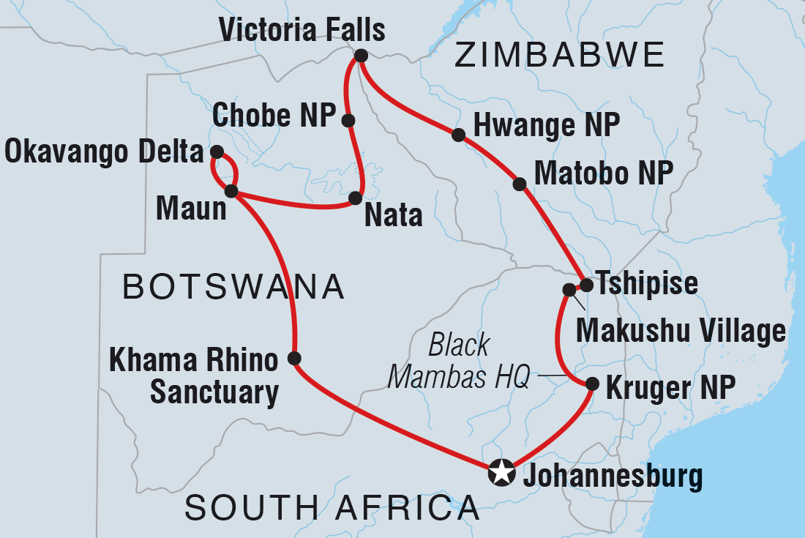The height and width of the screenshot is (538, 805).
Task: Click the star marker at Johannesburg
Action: [x=501, y=472]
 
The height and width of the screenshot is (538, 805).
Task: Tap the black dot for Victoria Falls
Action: [x=360, y=56]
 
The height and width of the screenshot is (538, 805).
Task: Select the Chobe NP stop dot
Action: [x=348, y=120]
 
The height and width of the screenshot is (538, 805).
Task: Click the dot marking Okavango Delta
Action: [x=217, y=152]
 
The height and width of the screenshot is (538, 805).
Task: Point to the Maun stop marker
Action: [x=231, y=191]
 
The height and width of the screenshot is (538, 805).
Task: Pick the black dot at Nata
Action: [x=356, y=198]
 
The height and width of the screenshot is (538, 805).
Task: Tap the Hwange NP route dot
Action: [x=458, y=135]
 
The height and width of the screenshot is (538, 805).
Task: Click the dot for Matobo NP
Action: [x=520, y=184]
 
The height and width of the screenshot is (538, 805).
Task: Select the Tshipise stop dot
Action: [x=586, y=284]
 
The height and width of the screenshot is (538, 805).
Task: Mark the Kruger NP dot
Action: [x=592, y=383]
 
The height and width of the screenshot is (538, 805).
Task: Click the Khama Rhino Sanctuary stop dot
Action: [x=294, y=358]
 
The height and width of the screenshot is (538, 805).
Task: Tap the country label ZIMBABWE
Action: [x=560, y=55]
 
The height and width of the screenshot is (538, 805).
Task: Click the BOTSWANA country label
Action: [x=233, y=287]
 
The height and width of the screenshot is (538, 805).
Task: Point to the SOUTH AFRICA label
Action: [x=332, y=507]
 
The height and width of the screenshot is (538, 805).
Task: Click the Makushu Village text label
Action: [x=681, y=331]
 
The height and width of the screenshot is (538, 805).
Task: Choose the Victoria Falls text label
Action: [x=302, y=31]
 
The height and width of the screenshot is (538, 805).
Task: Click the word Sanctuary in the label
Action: [x=214, y=393]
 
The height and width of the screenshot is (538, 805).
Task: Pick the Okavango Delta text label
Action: [x=103, y=152]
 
